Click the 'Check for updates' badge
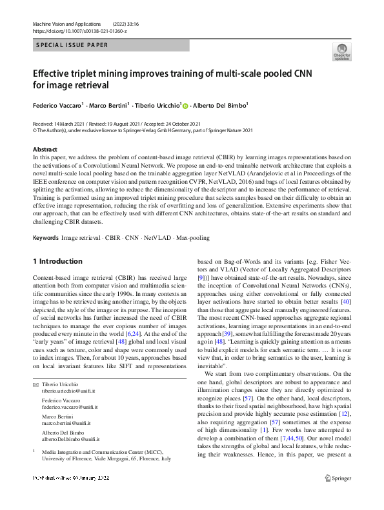click(x=341, y=52)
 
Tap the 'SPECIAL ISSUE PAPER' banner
click(x=72, y=45)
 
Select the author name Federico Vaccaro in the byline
click(x=57, y=105)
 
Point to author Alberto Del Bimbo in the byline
click(x=220, y=105)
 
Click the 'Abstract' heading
click(x=45, y=150)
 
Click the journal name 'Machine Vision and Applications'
click(x=63, y=23)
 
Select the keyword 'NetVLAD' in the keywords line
click(x=157, y=220)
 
